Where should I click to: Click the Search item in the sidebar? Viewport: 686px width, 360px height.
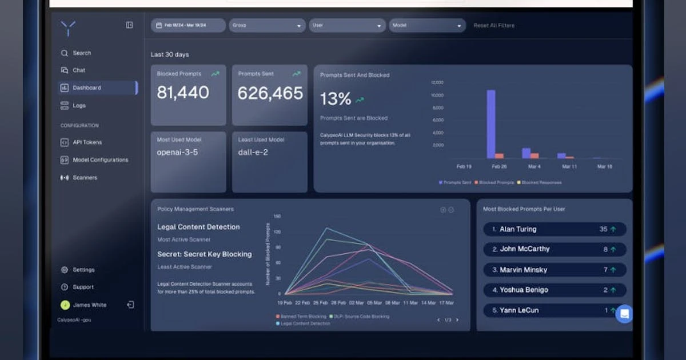coord(81,53)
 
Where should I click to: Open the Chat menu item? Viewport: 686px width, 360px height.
coord(78,70)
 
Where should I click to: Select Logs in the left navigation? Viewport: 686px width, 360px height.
coord(79,106)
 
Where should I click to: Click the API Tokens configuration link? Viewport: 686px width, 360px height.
coord(87,142)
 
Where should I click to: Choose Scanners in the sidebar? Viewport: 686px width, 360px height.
coord(85,178)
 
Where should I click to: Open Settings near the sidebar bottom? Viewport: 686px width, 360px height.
coord(83,270)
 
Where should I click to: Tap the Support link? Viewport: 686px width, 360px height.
coord(83,287)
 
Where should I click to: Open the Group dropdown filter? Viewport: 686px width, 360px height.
coord(267,26)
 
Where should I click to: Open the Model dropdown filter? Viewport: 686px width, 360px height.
coord(427,26)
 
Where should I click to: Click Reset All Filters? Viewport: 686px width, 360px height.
coord(494,26)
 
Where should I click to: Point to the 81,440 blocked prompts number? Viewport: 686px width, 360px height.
coord(183,93)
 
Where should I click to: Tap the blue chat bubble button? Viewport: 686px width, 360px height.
coord(624,314)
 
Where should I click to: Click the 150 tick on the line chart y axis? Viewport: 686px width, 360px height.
coord(277,217)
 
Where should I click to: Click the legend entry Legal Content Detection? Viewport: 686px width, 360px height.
coord(305,323)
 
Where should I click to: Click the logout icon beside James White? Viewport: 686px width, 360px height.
coord(130,305)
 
